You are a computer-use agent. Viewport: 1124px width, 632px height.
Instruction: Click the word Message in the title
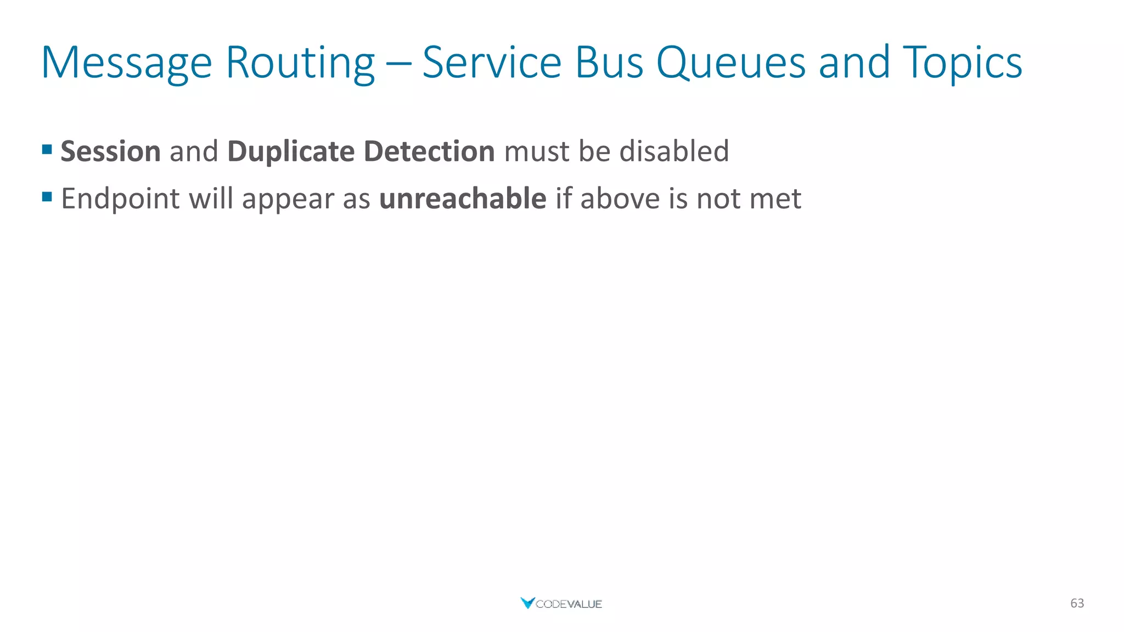[126, 63]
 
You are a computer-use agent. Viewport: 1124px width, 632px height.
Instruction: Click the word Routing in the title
[300, 63]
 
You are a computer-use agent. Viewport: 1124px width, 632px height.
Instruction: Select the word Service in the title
[492, 63]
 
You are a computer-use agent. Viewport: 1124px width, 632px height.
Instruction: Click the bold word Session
[110, 151]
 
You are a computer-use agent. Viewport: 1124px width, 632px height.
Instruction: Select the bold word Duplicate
[291, 151]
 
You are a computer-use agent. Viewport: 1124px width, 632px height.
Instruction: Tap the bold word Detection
[429, 151]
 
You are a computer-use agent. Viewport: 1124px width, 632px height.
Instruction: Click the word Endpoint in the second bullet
[120, 199]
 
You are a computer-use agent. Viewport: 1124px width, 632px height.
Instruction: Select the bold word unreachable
[463, 199]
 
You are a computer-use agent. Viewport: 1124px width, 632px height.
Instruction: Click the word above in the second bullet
[620, 199]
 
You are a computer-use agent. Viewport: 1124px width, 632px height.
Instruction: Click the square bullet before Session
[47, 149]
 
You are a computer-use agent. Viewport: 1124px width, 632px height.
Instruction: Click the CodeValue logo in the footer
[561, 603]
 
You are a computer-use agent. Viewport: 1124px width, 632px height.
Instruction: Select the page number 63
[1077, 603]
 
